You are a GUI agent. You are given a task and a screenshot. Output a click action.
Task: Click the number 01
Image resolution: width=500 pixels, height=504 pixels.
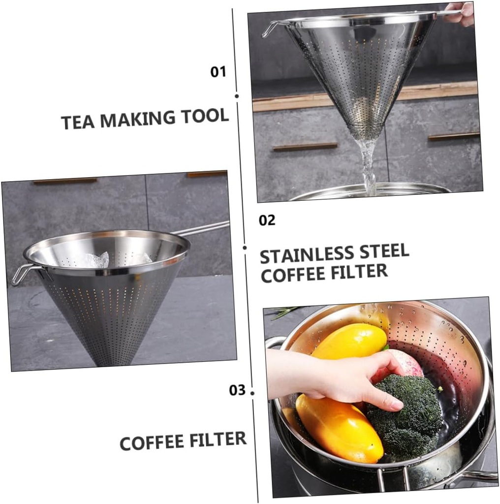(218, 72)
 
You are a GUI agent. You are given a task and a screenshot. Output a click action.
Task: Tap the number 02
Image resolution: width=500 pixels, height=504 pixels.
(267, 220)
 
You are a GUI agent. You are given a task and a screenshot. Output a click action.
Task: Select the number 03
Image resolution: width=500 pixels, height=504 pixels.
(237, 390)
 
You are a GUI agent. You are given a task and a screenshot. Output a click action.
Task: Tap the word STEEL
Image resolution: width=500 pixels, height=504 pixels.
(384, 252)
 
